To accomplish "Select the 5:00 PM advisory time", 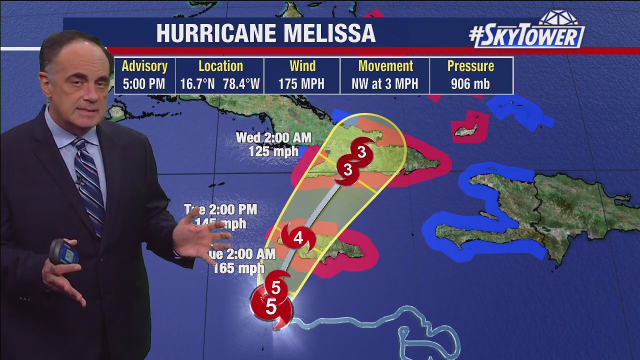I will (x=144, y=84).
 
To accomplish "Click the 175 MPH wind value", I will (x=301, y=84).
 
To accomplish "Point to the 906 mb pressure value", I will (x=470, y=84).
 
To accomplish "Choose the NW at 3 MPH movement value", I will (x=384, y=84).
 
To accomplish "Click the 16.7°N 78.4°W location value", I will (x=220, y=84).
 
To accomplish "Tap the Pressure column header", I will (x=470, y=66).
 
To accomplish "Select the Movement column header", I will (x=385, y=66).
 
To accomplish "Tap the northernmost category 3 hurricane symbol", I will (x=361, y=151).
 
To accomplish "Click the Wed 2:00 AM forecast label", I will (x=273, y=137).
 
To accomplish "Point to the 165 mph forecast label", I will (x=238, y=268).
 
